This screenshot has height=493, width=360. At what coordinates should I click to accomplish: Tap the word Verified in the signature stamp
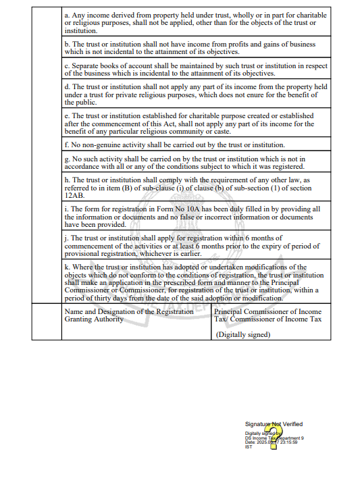coord(292,424)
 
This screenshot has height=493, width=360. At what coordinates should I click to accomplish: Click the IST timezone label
coord(248,446)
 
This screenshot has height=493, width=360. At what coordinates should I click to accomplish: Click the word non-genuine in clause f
coord(96,145)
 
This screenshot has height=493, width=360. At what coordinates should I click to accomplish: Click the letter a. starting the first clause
coord(66,15)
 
